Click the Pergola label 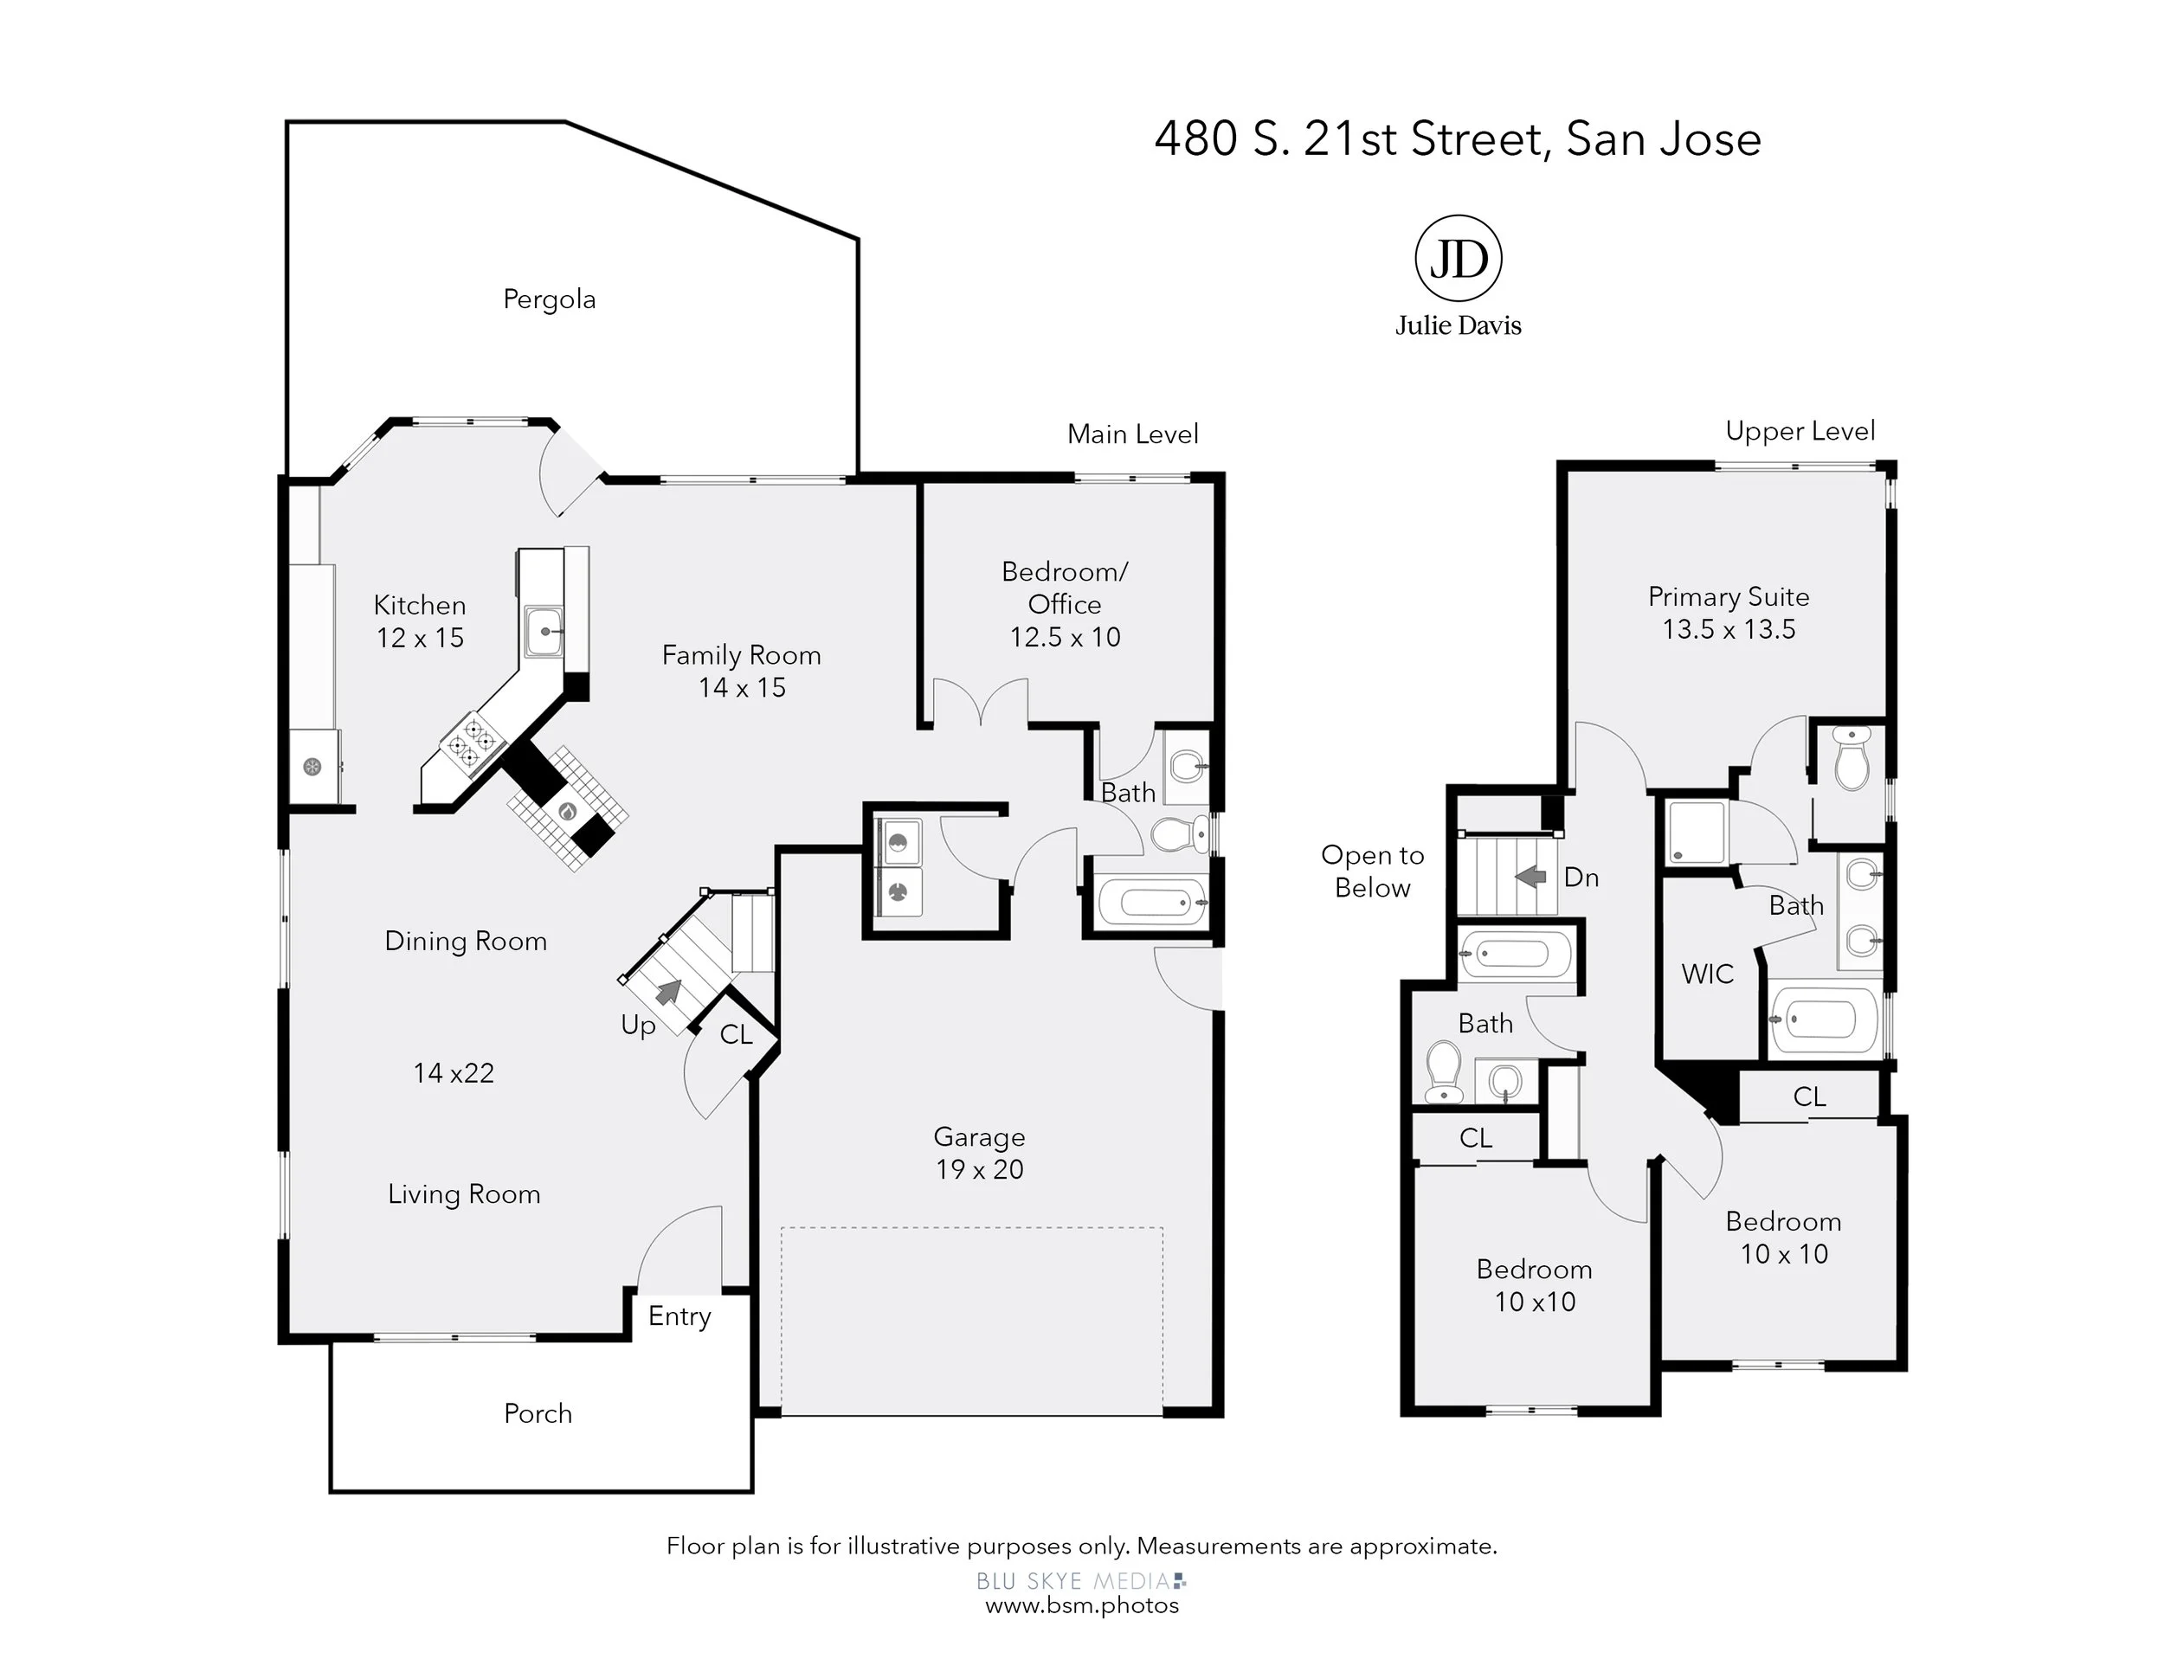(x=549, y=299)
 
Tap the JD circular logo (x=1458, y=259)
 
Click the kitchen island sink (x=544, y=631)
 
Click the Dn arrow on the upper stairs (x=1531, y=876)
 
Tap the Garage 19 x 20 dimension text (x=979, y=1169)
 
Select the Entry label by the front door (x=679, y=1316)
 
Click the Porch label (x=538, y=1413)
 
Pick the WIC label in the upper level (x=1707, y=974)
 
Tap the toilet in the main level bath (x=1179, y=834)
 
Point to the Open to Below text (x=1372, y=871)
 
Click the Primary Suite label (x=1729, y=596)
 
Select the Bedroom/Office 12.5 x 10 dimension (x=1066, y=637)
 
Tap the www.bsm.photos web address (x=1082, y=1604)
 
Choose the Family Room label (x=741, y=655)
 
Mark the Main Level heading (x=1132, y=434)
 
